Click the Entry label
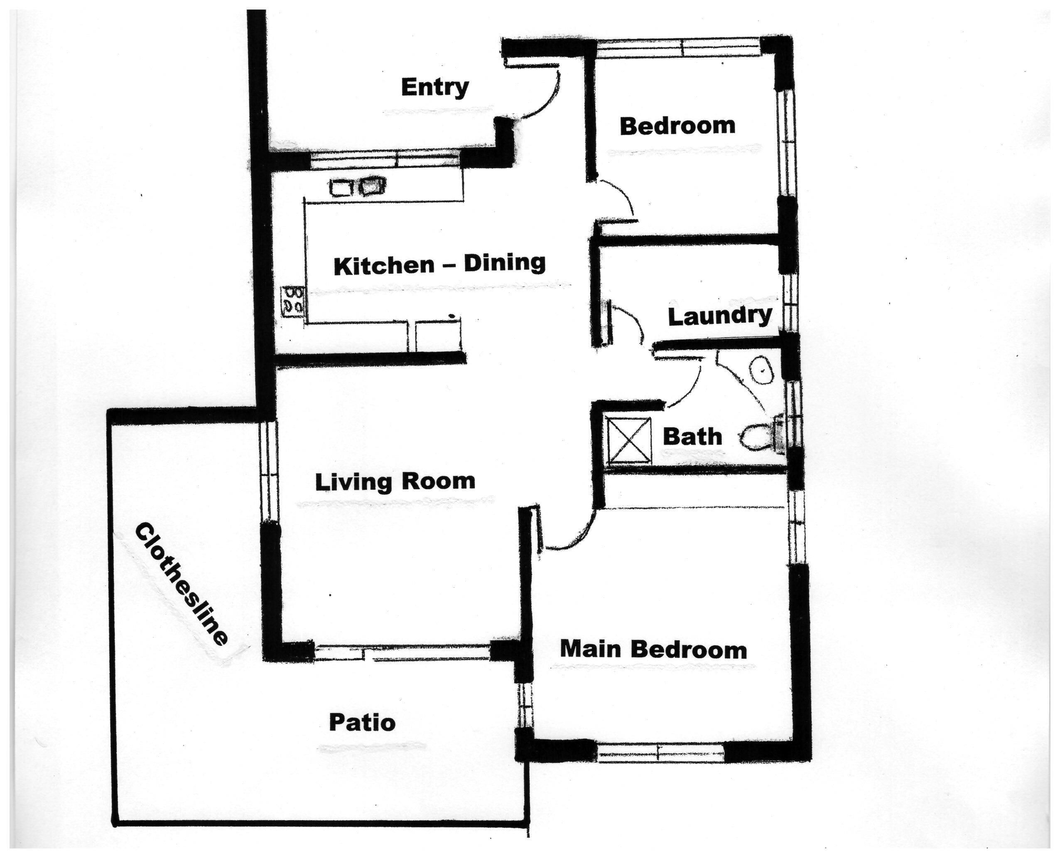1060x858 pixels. (x=434, y=88)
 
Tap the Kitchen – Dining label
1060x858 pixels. (x=439, y=264)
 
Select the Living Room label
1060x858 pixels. (x=395, y=481)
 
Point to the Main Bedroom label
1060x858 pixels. (x=653, y=649)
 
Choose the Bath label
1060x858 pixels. (x=692, y=437)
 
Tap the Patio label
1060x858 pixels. (x=362, y=723)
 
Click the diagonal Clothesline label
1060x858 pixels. (x=181, y=583)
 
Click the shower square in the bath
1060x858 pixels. (x=629, y=440)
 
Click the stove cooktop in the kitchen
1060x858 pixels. (x=293, y=302)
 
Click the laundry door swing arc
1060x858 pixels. (x=631, y=321)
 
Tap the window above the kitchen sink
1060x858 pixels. (x=385, y=159)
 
